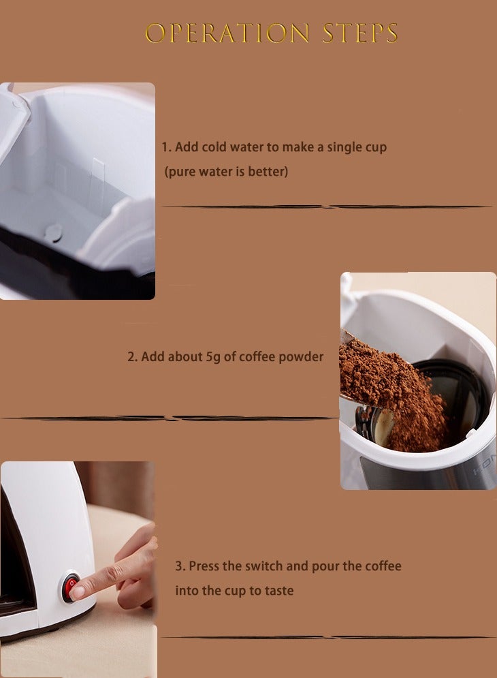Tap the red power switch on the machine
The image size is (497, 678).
point(69,587)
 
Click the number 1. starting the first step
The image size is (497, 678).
point(167,147)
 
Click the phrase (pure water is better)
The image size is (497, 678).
point(226,172)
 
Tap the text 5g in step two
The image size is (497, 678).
point(214,356)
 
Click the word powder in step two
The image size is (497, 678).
point(302,356)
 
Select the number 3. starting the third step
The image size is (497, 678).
point(180,566)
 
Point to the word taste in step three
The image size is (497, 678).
point(279,591)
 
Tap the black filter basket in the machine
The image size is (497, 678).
point(463,395)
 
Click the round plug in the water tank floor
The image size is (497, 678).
point(53,232)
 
